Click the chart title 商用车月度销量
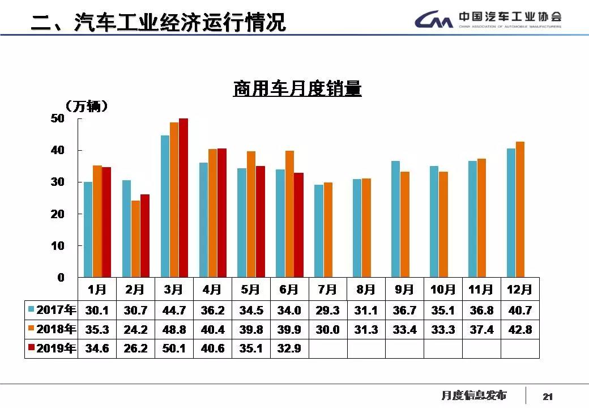[x=297, y=89]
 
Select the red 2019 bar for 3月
[x=183, y=198]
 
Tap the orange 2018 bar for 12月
[x=520, y=210]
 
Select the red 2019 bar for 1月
[x=106, y=222]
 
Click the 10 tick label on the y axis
[x=58, y=246]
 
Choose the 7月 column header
[x=327, y=290]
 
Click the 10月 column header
[x=442, y=290]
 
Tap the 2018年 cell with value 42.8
[x=520, y=329]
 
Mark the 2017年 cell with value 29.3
[x=327, y=311]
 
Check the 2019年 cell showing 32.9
[x=289, y=348]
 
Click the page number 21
[x=547, y=397]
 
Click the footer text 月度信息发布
[x=473, y=396]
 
